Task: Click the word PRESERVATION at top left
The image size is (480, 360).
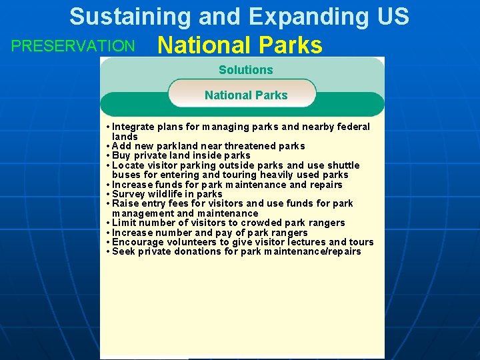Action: [73, 46]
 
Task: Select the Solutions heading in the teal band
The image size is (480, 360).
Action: [245, 70]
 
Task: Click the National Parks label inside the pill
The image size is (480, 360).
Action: [246, 95]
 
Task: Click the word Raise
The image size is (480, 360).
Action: [125, 203]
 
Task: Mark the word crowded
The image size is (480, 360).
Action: [264, 223]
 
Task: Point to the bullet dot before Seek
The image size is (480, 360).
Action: [107, 251]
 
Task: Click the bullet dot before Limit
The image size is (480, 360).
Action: [107, 223]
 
